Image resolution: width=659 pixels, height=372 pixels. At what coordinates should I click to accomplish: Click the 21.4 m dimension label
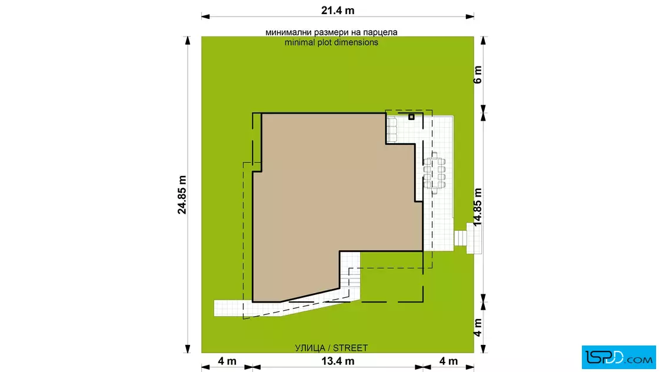tap(338, 10)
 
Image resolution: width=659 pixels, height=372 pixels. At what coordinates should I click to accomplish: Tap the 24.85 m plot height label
tap(182, 195)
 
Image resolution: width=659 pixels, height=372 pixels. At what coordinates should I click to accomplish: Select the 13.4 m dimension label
tap(338, 361)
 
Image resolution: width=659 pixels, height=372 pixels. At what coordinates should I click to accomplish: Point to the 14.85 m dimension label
tap(477, 207)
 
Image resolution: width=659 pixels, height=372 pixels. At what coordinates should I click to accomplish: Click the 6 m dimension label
tap(477, 75)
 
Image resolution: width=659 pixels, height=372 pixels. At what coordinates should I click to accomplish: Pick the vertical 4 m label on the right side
tap(477, 327)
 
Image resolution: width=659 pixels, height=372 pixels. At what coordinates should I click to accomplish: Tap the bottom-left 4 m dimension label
tap(227, 361)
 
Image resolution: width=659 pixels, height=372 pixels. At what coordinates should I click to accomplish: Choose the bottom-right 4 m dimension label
tap(448, 361)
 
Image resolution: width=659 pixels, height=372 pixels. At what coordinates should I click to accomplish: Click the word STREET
tap(351, 348)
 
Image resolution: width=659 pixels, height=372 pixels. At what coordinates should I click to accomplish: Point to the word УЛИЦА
tap(310, 348)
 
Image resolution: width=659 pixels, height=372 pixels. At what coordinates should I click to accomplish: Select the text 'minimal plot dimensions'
tap(331, 42)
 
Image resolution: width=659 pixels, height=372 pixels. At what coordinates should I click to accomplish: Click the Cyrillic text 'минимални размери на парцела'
tap(331, 32)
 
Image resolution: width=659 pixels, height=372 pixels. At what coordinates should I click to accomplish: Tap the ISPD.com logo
tap(618, 357)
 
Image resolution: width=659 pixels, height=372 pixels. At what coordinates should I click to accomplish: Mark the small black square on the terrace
tap(411, 117)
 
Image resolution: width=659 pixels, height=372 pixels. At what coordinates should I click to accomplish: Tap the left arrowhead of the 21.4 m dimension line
tap(205, 17)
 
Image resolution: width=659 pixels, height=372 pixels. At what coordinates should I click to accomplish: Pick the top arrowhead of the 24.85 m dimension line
tap(188, 41)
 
